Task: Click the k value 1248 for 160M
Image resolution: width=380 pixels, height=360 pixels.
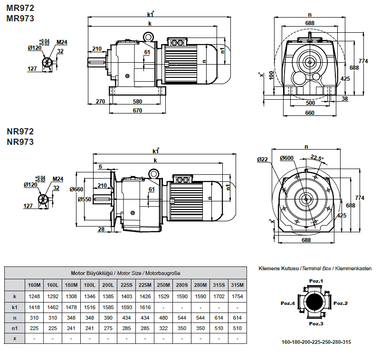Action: point(34,296)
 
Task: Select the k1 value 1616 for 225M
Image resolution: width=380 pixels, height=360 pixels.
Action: point(145,308)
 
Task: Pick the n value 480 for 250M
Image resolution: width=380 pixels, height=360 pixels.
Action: point(163,317)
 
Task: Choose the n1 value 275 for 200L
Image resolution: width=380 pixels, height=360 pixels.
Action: point(108,328)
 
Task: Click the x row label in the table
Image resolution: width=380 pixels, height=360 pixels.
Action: point(14,339)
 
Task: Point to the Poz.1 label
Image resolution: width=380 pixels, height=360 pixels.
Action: point(316,281)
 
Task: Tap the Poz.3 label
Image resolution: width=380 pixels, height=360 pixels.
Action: point(316,324)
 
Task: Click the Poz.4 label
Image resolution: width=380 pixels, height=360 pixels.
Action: point(288,303)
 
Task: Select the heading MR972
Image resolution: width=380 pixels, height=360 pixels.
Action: point(20,8)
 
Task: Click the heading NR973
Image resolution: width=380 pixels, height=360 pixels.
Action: point(20,142)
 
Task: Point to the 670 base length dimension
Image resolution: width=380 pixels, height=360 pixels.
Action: point(138,111)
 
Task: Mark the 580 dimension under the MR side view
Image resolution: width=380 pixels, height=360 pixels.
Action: point(138,101)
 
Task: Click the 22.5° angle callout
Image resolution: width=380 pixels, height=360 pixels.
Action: point(317,158)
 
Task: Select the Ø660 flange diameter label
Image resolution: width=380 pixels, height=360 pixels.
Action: point(76,189)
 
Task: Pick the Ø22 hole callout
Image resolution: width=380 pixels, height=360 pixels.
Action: point(263,160)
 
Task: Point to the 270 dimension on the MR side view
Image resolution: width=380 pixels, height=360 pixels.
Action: point(100,101)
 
